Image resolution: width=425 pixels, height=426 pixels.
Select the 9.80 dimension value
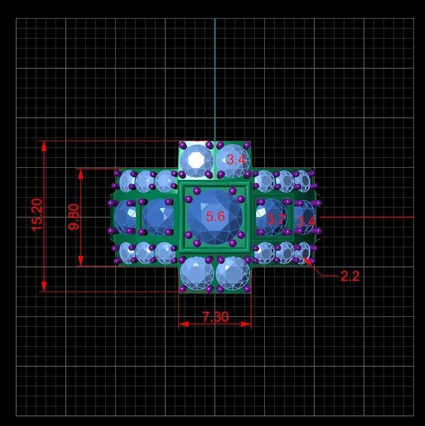(x=74, y=217)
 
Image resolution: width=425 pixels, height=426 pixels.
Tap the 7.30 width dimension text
(x=215, y=317)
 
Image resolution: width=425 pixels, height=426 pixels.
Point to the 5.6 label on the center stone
(x=215, y=217)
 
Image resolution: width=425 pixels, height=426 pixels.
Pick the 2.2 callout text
(x=350, y=276)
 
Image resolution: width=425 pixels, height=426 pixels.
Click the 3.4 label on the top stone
(x=236, y=160)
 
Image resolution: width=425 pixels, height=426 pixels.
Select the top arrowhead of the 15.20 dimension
(x=44, y=146)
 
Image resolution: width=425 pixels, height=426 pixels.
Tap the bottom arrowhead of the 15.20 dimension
(x=44, y=287)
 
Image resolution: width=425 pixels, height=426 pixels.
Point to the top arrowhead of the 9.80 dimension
(x=80, y=173)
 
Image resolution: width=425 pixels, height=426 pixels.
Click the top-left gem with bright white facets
(x=196, y=160)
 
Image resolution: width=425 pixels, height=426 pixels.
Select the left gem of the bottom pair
(x=197, y=273)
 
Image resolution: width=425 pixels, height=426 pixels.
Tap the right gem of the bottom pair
(x=233, y=273)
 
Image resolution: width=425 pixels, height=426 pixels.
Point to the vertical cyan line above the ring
(x=215, y=76)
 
